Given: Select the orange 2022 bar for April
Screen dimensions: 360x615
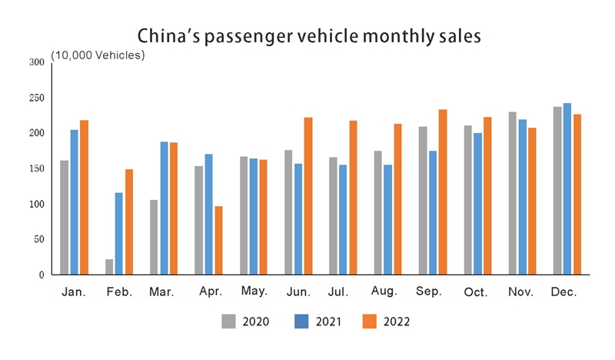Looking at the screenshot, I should tap(218, 240).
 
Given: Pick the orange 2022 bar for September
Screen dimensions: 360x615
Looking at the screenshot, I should tap(443, 192).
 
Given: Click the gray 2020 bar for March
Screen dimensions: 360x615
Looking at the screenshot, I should tap(154, 237).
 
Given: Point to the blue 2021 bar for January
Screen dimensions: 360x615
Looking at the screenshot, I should tap(74, 202).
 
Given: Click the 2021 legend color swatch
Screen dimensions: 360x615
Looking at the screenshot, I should tap(300, 321).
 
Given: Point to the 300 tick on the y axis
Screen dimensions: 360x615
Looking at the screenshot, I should tap(37, 62).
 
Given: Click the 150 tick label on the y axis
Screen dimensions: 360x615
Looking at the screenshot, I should tap(37, 168).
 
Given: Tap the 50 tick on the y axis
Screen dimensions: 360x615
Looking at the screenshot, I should tap(39, 239).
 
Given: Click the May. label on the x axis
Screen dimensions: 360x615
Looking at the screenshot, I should tap(254, 292).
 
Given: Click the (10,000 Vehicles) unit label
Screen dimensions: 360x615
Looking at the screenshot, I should tap(98, 55).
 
